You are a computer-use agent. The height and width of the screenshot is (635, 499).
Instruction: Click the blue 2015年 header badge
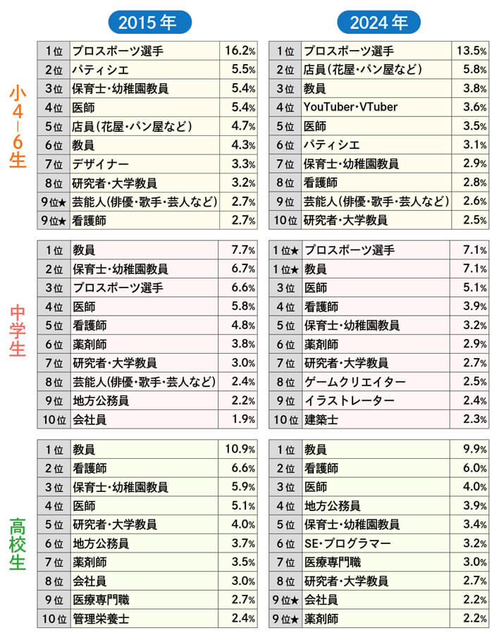[x=149, y=23]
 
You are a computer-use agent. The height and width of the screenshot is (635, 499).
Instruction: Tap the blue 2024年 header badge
[x=379, y=23]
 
